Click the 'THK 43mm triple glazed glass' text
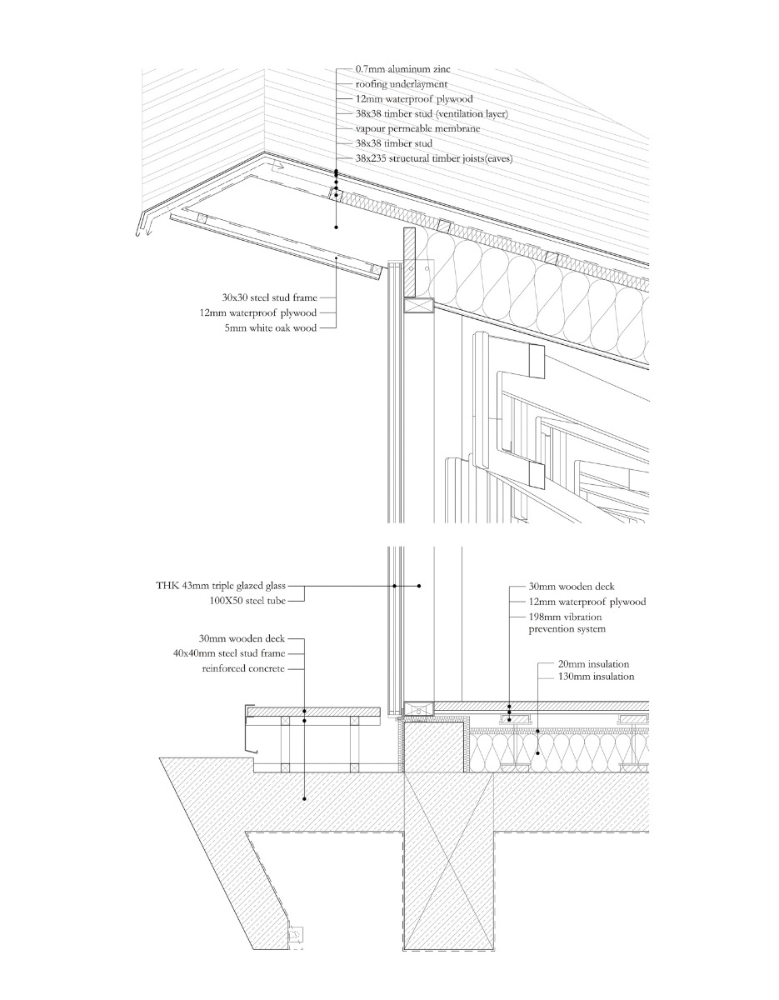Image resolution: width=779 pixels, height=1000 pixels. [x=225, y=586]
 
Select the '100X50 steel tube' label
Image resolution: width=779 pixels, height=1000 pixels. [x=252, y=600]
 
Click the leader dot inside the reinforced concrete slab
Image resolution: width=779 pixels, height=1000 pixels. [x=305, y=798]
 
